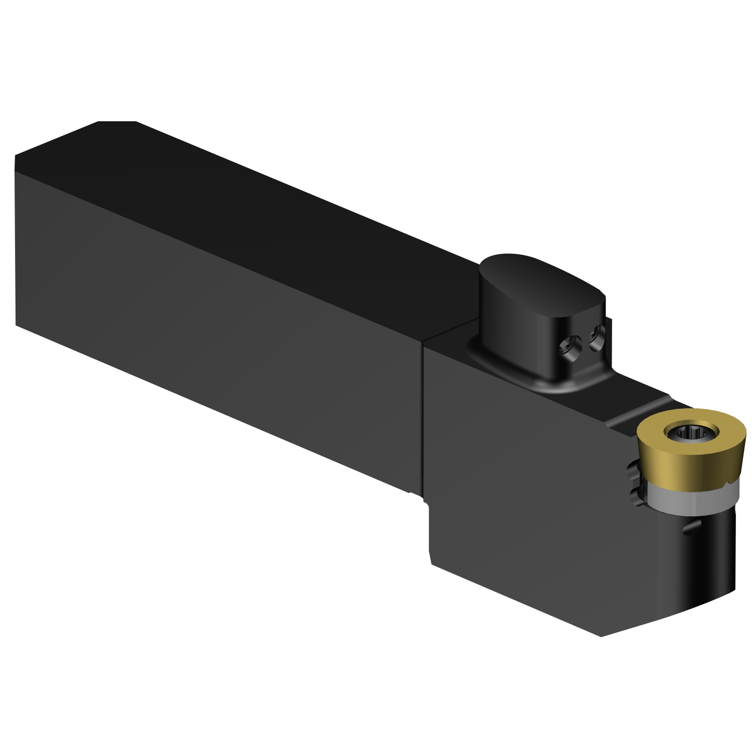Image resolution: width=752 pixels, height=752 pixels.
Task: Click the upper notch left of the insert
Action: [632, 469]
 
